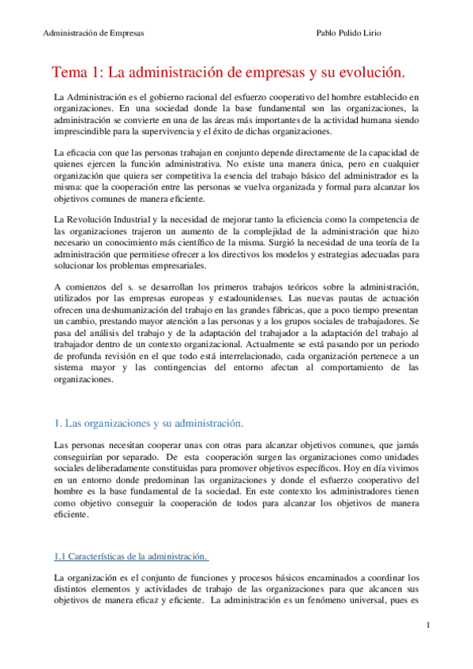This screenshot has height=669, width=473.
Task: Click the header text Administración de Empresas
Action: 93,34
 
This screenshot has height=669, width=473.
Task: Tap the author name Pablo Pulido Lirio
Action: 350,34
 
